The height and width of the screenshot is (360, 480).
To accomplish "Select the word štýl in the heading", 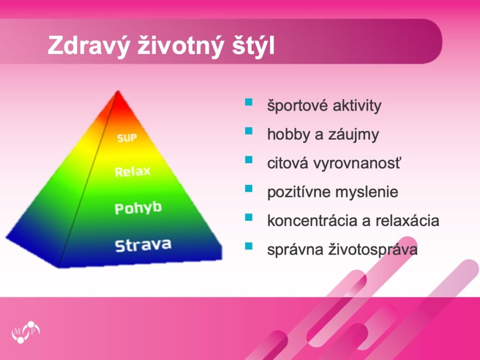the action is pyautogui.click(x=253, y=45).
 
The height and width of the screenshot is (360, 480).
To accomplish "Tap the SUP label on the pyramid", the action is pyautogui.click(x=127, y=138).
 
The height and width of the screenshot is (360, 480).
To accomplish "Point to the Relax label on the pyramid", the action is pyautogui.click(x=133, y=172).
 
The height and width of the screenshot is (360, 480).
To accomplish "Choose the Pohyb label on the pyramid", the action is pyautogui.click(x=138, y=208).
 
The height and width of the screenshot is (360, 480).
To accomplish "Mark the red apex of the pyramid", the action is pyautogui.click(x=118, y=92).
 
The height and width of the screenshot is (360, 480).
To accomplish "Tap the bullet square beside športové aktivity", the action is pyautogui.click(x=248, y=102).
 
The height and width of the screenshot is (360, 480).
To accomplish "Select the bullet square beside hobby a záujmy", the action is pyautogui.click(x=248, y=131).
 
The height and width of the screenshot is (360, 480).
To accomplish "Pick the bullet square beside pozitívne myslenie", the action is pyautogui.click(x=248, y=188).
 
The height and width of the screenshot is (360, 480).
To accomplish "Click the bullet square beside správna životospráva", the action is pyautogui.click(x=248, y=246).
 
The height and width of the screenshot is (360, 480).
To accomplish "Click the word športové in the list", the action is pyautogui.click(x=297, y=105).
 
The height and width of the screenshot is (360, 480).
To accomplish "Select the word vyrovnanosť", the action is pyautogui.click(x=357, y=163).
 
